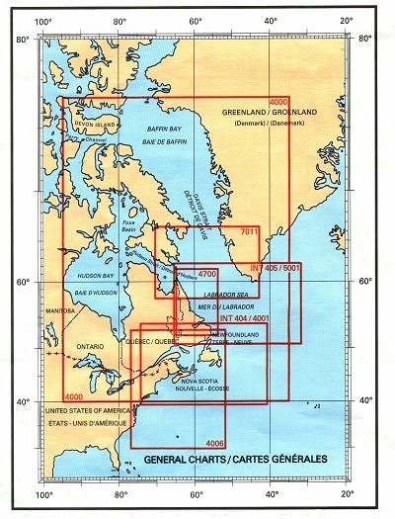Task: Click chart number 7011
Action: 248,232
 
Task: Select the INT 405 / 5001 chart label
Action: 275,269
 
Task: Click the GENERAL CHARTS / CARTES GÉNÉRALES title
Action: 222,461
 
